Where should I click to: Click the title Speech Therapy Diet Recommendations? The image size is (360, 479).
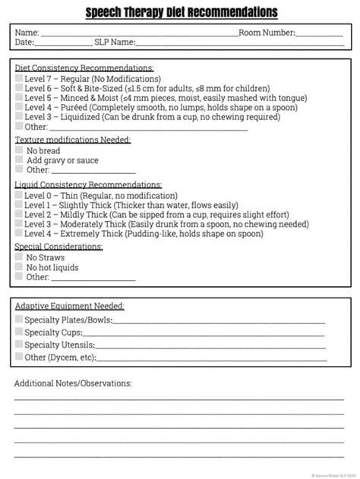181,13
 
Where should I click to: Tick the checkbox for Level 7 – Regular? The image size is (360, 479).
19,79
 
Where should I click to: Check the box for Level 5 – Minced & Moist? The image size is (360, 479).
19,98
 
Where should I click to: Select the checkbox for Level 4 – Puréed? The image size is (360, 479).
19,108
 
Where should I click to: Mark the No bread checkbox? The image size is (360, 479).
20,151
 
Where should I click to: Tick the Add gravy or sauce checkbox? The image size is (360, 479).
20,161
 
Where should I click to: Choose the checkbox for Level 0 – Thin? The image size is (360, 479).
19,196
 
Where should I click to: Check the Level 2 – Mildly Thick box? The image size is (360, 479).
19,215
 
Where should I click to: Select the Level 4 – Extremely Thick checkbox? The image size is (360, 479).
19,235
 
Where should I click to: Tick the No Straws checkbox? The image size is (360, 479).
20,258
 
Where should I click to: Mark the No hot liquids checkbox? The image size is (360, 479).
20,268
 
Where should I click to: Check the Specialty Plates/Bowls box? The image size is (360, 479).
19,320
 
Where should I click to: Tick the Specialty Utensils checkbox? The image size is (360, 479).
19,345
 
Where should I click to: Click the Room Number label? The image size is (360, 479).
267,33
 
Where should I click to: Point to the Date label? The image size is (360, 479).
24,43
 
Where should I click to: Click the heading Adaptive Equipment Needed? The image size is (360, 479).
70,306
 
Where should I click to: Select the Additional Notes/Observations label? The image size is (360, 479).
73,383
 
